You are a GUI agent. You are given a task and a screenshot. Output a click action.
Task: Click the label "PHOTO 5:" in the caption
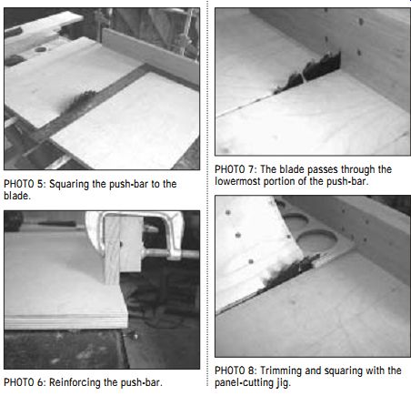[25, 184]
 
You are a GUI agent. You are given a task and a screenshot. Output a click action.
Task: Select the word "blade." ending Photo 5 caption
[17, 196]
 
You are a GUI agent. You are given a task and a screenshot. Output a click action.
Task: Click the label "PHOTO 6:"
[25, 382]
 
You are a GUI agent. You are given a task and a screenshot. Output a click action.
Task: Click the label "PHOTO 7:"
[236, 169]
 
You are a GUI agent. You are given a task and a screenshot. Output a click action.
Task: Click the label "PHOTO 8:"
[236, 371]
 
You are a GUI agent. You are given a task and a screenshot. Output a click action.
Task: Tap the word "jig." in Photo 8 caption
[283, 383]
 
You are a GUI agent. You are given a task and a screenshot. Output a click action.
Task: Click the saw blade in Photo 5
[79, 101]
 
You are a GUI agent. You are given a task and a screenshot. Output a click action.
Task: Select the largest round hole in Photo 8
[316, 241]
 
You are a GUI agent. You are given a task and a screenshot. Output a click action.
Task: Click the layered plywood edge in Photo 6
[66, 321]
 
